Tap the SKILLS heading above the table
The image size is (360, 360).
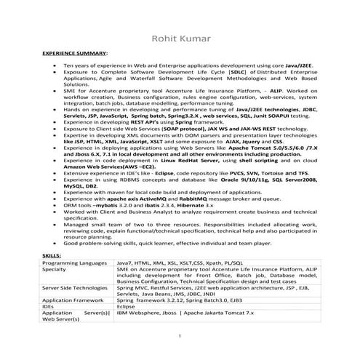52,256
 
